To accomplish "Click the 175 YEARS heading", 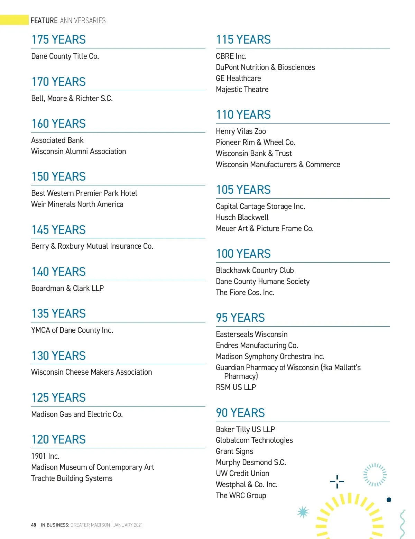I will coord(58,40).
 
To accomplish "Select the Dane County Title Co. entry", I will coord(65,56).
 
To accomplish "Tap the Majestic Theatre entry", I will coord(242,90).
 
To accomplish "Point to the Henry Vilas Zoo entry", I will coord(241,131).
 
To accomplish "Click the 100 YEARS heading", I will coord(243,254).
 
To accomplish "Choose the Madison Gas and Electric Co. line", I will coord(77,414).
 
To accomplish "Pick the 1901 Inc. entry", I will coord(45,456).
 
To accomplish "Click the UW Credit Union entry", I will coord(242,474).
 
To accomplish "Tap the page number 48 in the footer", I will coord(34,525).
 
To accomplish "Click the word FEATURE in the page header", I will coord(44,20).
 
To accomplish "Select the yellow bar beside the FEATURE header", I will coord(14,20).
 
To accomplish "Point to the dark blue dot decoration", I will coord(389,500).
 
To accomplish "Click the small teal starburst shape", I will coord(303,512).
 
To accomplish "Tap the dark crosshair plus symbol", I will coord(337,481).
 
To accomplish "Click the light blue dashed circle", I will coord(375,475).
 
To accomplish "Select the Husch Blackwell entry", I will coord(242,218).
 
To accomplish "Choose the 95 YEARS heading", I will coord(240,318).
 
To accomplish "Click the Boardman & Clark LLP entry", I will coord(67,289).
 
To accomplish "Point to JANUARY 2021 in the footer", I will coord(128,525).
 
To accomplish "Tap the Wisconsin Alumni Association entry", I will coord(79,152).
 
